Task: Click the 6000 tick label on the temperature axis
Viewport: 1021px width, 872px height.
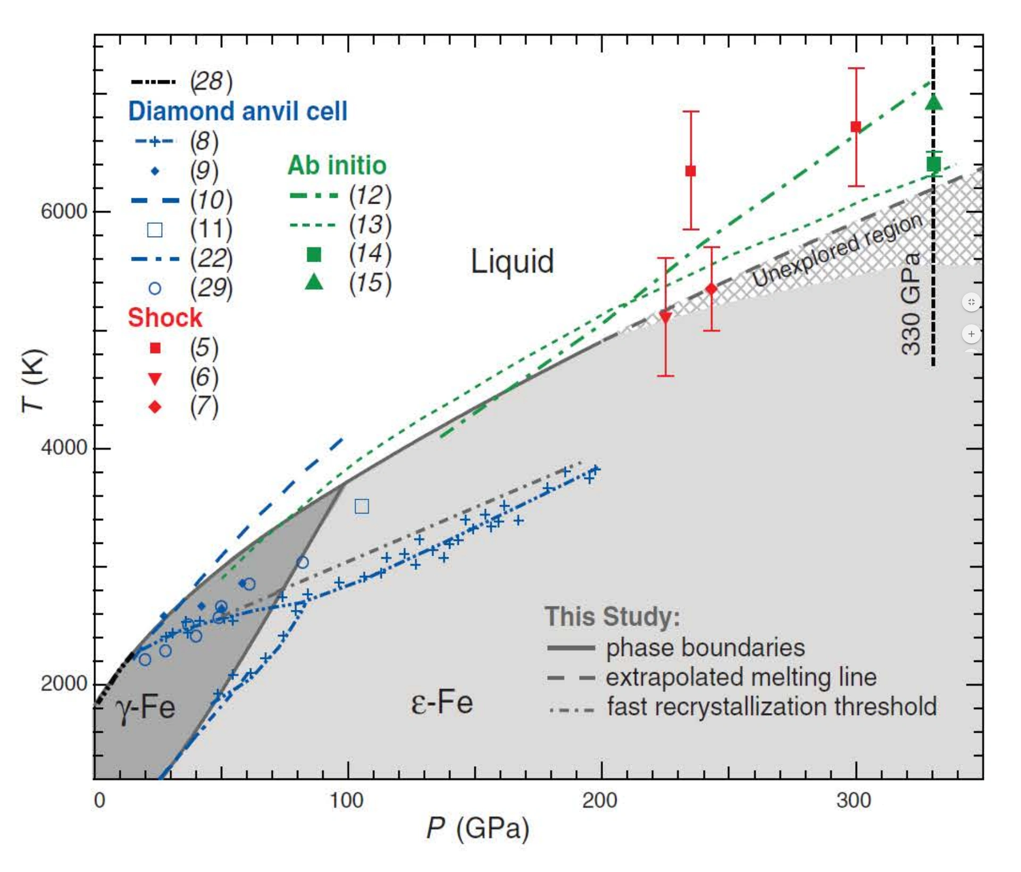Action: (x=63, y=212)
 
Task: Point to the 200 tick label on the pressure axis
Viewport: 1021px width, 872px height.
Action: (x=600, y=800)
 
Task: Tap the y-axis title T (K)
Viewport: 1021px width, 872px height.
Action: (x=34, y=381)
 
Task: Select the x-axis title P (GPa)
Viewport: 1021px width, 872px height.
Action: (x=478, y=828)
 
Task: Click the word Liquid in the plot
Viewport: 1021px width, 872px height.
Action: (x=512, y=262)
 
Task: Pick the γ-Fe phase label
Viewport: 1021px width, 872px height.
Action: (x=145, y=708)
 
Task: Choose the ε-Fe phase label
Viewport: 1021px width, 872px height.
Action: (x=442, y=702)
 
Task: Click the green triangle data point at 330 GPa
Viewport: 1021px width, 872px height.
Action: (x=934, y=102)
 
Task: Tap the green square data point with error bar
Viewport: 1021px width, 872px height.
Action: (x=934, y=164)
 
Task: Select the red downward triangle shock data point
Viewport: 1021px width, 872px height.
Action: (x=665, y=317)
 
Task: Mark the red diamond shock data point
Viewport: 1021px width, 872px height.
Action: (x=712, y=289)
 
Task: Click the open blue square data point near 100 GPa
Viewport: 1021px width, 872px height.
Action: (x=362, y=506)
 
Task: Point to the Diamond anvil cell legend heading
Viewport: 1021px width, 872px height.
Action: (x=237, y=111)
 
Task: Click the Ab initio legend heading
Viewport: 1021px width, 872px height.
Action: (x=337, y=165)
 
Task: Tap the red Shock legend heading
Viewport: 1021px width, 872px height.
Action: (x=165, y=317)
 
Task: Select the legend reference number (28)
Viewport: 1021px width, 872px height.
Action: (x=211, y=81)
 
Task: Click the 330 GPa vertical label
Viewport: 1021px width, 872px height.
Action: (x=911, y=304)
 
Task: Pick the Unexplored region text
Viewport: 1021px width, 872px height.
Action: (x=837, y=250)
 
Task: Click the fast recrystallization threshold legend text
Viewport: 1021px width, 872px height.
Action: (x=772, y=707)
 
